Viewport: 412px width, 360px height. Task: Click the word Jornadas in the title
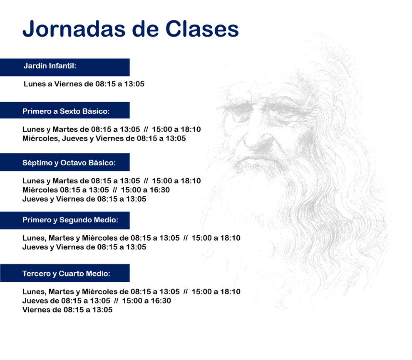coord(74,29)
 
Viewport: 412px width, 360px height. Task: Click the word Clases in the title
coord(202,29)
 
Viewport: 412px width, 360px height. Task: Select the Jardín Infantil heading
coord(50,66)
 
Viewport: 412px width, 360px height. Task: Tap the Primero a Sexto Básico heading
coord(66,111)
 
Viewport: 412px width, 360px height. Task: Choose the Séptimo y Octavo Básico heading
coord(69,163)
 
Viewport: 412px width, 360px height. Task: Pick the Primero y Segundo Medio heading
coord(70,220)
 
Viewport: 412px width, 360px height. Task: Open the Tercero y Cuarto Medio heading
coord(66,274)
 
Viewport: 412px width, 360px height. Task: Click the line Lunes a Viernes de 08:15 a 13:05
coord(84,84)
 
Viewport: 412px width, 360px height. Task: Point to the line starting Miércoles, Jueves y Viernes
coord(104,138)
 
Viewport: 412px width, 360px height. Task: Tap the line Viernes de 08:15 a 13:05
coord(67,310)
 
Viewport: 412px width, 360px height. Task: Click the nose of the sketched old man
coord(259,142)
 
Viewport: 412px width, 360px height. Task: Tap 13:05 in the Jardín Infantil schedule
coord(134,84)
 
